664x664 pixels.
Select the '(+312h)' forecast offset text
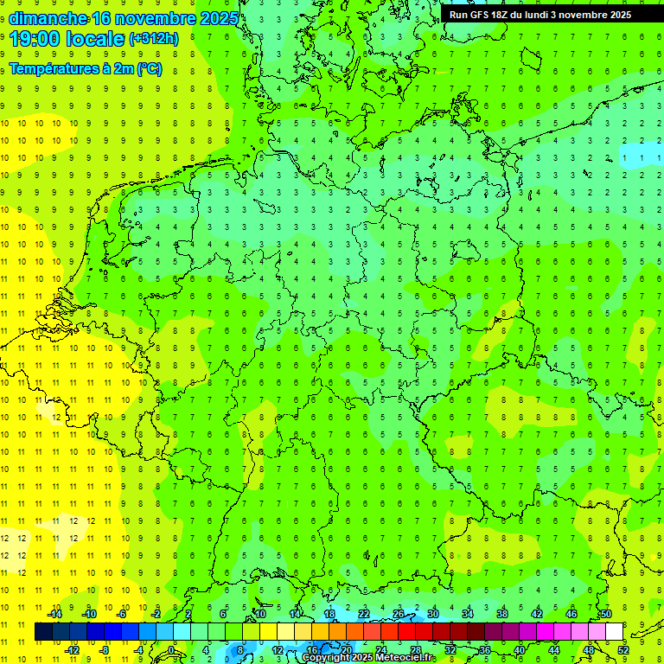(153, 38)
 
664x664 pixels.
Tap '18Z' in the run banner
(507, 15)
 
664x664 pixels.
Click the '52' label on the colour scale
(623, 650)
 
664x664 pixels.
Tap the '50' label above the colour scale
(605, 614)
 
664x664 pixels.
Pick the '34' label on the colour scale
(467, 614)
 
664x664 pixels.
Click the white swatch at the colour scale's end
(614, 632)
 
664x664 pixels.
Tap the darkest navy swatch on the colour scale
(43, 632)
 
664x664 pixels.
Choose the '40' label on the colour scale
(520, 650)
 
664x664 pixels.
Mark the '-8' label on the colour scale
(105, 650)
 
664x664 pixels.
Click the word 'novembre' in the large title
(157, 18)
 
